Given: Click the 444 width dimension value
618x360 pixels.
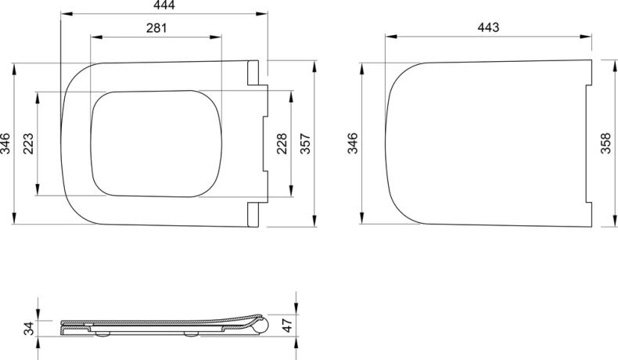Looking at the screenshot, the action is pyautogui.click(x=164, y=5).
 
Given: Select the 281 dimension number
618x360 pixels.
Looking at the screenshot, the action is pyautogui.click(x=156, y=28).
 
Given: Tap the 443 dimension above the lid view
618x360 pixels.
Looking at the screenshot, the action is pyautogui.click(x=488, y=27).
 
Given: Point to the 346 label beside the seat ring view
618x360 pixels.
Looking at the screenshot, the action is pyautogui.click(x=5, y=143).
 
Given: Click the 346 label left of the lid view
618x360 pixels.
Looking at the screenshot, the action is pyautogui.click(x=352, y=143).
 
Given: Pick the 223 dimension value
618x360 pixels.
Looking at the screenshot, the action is pyautogui.click(x=28, y=143).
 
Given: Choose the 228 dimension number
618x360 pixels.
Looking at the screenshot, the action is pyautogui.click(x=282, y=143).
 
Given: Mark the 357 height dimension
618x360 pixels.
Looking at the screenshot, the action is pyautogui.click(x=305, y=143).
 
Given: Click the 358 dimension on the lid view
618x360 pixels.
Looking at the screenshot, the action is pyautogui.click(x=605, y=143).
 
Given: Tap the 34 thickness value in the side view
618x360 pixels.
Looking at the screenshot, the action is pyautogui.click(x=28, y=329).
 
